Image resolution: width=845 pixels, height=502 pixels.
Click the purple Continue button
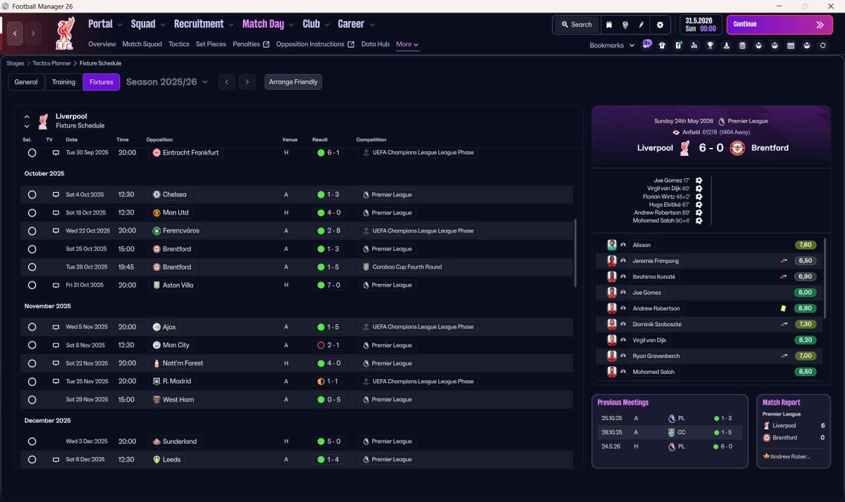point(780,24)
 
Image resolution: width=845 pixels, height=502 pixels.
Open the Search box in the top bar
point(577,24)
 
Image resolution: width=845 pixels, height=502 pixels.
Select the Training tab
point(63,82)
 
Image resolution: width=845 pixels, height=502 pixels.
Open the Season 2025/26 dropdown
point(167,82)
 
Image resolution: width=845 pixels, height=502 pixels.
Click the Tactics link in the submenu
point(179,44)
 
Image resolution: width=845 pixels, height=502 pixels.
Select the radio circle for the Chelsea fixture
point(32,195)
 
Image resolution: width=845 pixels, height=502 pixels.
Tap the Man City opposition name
point(176,345)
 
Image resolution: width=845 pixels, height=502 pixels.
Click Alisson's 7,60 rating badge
point(805,245)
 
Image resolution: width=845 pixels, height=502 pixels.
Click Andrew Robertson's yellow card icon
point(783,308)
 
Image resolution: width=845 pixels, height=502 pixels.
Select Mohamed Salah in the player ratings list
point(653,372)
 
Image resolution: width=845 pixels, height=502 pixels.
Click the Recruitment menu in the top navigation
point(199,24)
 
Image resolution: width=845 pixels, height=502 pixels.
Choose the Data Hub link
point(375,44)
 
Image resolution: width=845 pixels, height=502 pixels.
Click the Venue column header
point(290,139)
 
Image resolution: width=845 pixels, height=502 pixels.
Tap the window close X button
point(830,7)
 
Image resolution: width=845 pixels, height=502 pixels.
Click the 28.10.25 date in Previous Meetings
point(611,432)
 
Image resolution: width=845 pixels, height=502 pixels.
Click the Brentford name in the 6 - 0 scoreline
point(770,148)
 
